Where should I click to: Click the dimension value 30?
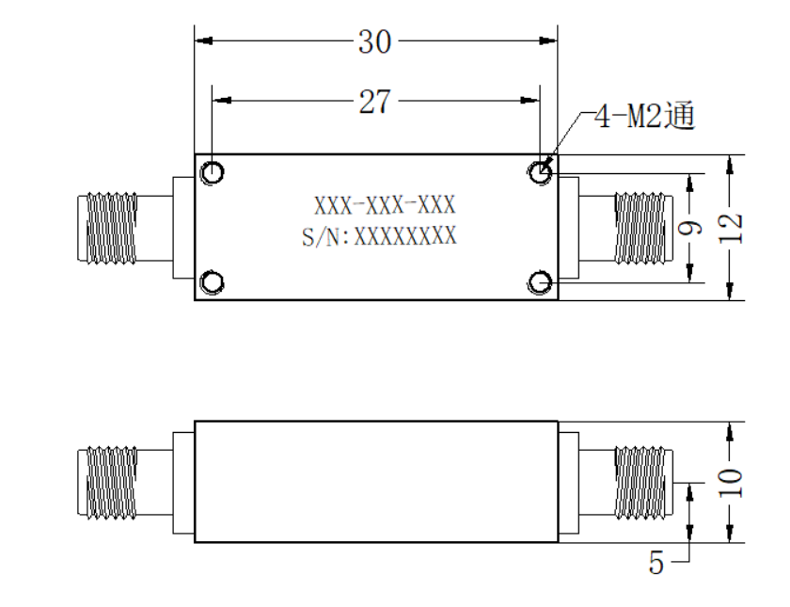coord(374,41)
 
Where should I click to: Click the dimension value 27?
coord(374,102)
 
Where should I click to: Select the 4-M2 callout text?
coord(644,116)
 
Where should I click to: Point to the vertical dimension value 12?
coord(730,228)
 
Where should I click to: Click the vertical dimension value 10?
coord(730,483)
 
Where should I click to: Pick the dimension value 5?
coord(656,562)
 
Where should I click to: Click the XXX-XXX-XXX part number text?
coord(385,205)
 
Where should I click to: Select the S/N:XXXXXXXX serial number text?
coord(379,236)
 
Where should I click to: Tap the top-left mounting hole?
coord(213,172)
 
